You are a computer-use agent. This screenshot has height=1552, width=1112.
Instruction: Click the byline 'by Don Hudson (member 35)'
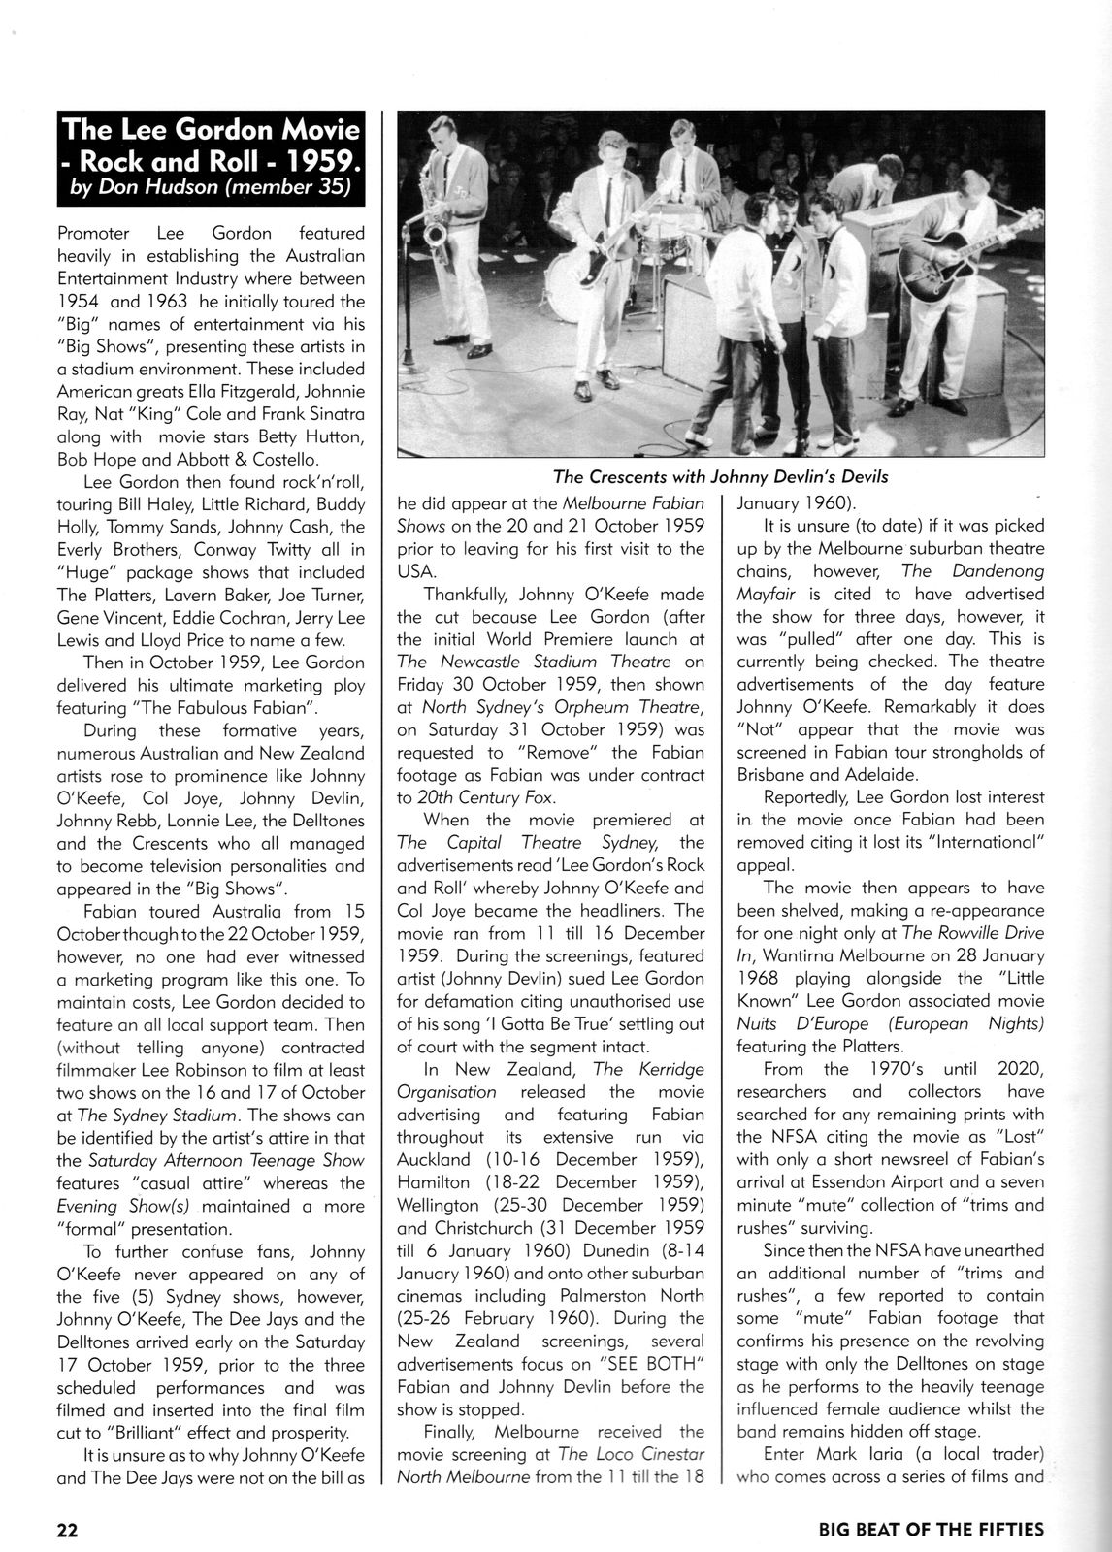coord(210,189)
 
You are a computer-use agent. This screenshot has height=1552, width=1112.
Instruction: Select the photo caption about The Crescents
coord(720,476)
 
